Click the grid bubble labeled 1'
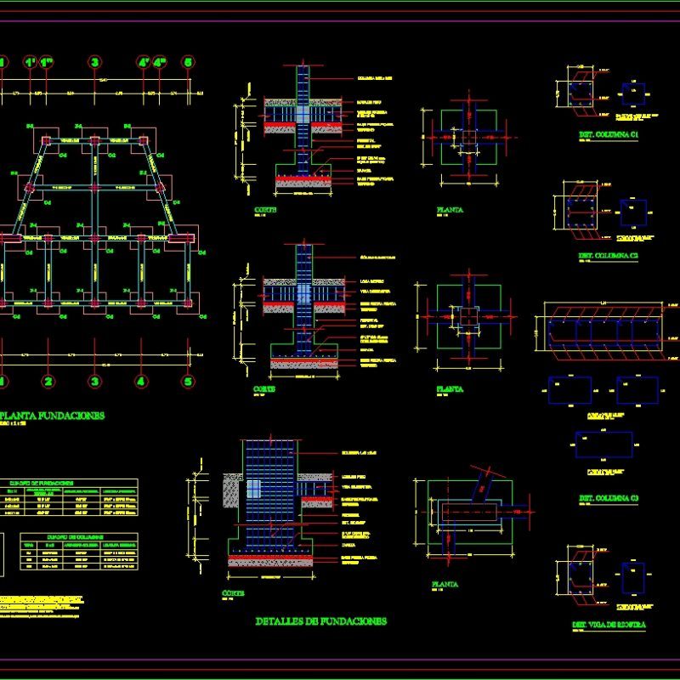coord(30,62)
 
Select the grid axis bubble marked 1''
coord(48,62)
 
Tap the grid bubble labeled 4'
coord(143,62)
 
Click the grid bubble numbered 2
coord(48,382)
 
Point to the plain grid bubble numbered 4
coord(141,382)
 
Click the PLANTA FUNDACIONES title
coord(52,416)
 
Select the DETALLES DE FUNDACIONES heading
coord(320,621)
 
